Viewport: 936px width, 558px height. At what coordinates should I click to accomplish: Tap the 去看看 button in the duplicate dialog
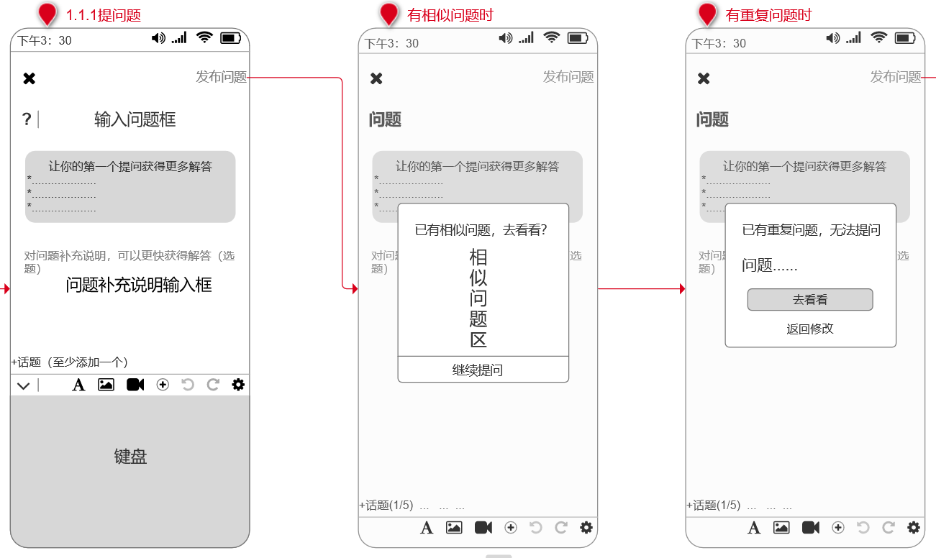click(809, 300)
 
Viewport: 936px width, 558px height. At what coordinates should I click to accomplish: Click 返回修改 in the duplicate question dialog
click(809, 329)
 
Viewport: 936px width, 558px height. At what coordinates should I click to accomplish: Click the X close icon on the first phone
click(29, 78)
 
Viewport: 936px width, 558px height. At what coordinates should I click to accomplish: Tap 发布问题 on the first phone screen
click(221, 77)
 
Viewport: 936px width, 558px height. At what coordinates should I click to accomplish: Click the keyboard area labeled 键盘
click(130, 457)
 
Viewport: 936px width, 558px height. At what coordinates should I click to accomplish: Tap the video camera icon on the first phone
click(135, 385)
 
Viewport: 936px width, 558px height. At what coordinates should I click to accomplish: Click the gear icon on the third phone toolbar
click(913, 527)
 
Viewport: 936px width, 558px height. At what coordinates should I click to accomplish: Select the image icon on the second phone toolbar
click(454, 527)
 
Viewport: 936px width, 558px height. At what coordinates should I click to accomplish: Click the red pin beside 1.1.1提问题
click(47, 14)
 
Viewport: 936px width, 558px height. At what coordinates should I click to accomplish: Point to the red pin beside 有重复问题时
click(707, 14)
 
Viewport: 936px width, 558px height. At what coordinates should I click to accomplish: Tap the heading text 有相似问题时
click(450, 16)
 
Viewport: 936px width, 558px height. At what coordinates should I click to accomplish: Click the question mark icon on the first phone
click(27, 119)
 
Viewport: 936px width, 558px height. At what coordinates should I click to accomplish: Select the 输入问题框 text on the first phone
click(135, 119)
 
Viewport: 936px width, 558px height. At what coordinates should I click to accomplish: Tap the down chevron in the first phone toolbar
click(24, 385)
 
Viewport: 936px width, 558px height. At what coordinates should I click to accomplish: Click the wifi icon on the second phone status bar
click(552, 38)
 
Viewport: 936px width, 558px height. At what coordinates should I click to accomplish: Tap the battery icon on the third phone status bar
click(904, 38)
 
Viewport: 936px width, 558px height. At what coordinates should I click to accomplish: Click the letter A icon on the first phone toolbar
click(79, 385)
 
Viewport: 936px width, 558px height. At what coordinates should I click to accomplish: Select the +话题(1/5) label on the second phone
click(386, 506)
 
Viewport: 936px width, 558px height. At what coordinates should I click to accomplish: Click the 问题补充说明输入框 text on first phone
click(139, 285)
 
